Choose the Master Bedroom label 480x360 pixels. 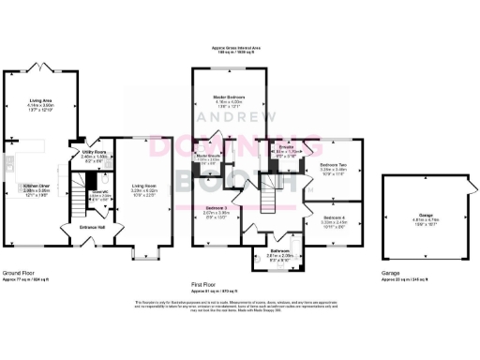pyautogui.click(x=229, y=97)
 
